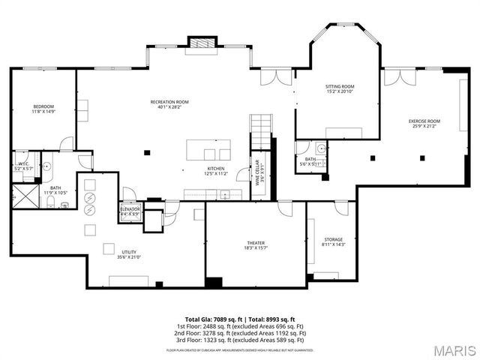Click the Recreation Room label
coord(169,103)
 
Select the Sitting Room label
coord(339,88)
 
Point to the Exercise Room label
coord(424,123)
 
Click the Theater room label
coord(256,245)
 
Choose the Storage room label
coord(333,241)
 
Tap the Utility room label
coord(130,255)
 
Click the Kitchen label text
coord(216,170)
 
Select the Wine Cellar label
coord(259,177)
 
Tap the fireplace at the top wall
coord(200,43)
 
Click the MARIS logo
coord(454,350)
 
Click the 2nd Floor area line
coord(241,333)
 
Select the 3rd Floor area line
coord(241,340)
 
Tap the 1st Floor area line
coord(241,326)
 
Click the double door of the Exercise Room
coord(394,77)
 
